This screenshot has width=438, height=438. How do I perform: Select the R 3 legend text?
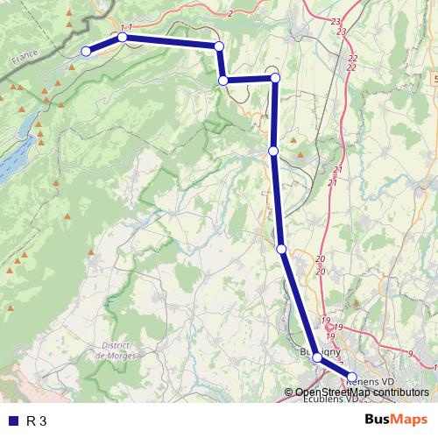point(37,421)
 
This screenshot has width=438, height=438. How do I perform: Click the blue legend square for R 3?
point(12,421)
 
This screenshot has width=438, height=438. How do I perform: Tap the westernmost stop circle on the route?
point(86,52)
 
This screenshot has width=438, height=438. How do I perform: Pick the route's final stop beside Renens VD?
point(352,378)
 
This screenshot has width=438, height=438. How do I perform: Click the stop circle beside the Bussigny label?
point(317,357)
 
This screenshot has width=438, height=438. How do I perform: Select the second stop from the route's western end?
point(123,38)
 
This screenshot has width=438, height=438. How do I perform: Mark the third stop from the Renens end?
point(281,250)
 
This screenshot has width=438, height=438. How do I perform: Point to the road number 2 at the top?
point(230,13)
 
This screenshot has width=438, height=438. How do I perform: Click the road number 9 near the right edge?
point(411,353)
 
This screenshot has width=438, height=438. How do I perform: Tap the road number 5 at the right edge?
point(434,79)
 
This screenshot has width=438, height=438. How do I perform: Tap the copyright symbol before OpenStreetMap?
point(288,392)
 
